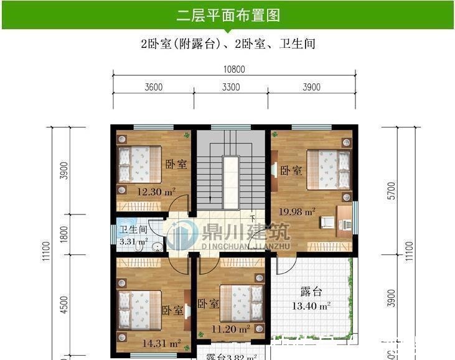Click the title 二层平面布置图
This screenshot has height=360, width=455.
point(227,14)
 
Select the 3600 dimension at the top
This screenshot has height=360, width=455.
point(153,88)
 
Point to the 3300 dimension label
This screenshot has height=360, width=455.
point(230,88)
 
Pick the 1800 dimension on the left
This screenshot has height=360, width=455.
point(63,234)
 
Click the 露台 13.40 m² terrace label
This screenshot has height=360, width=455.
point(311,298)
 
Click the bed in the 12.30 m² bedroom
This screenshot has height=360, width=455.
point(139,164)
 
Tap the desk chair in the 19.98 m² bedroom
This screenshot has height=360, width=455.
point(326,221)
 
